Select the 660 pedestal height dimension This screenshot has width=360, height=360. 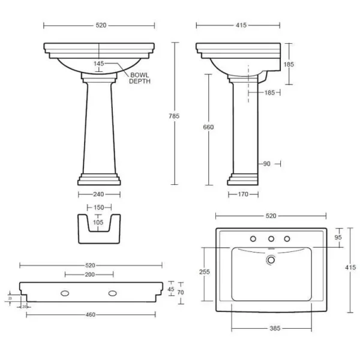click(209, 127)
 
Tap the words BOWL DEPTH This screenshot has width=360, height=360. click(139, 78)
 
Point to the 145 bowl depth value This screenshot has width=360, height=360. click(99, 64)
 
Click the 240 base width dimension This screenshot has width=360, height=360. click(99, 194)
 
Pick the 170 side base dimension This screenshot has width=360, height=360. click(243, 194)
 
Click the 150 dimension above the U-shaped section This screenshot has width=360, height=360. click(99, 208)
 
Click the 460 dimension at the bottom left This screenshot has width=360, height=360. click(91, 314)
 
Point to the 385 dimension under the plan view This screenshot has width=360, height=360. click(271, 328)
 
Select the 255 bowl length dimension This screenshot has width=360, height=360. click(204, 271)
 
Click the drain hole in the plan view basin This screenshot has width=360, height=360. click(271, 260)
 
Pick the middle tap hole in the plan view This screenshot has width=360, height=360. click(271, 239)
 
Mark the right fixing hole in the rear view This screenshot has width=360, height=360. click(112, 293)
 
